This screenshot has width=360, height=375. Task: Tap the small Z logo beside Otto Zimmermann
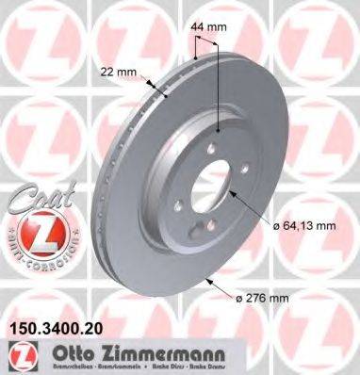coord(18,359)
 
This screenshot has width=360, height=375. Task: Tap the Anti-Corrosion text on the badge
coord(31,256)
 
